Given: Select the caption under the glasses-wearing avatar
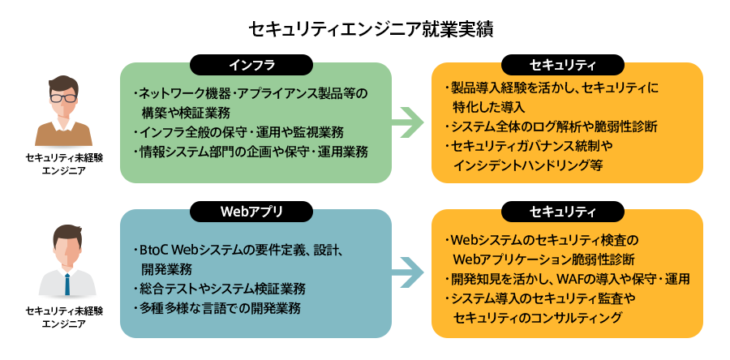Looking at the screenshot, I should [x=63, y=162].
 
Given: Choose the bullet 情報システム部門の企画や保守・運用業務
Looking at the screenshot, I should [x=251, y=151].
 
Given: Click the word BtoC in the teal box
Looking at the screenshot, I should [x=154, y=250].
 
